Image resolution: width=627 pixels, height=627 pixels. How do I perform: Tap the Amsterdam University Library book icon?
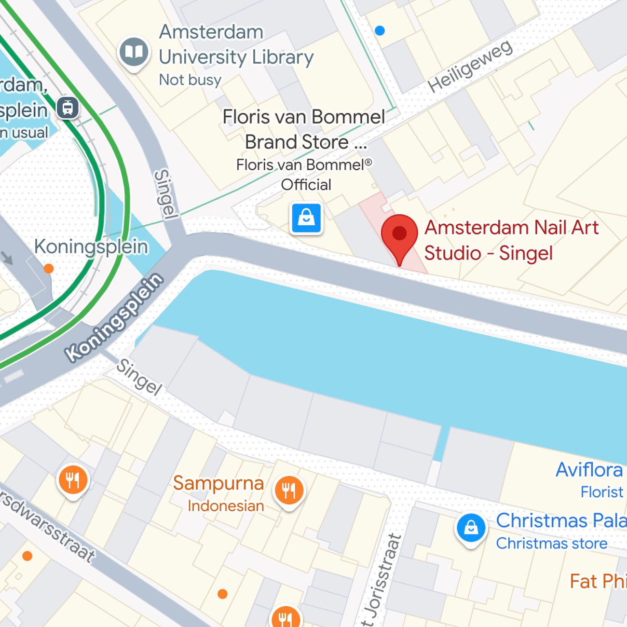[134, 52]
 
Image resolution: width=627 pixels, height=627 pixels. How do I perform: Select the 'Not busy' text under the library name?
[190, 80]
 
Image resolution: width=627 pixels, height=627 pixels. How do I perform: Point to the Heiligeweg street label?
[470, 67]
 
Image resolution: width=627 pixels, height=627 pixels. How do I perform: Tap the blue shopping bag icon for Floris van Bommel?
[306, 218]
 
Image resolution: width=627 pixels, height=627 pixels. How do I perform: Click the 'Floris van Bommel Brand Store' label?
[304, 129]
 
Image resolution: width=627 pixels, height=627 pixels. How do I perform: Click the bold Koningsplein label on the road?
[115, 317]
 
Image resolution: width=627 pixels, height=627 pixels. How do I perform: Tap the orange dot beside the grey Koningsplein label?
[49, 269]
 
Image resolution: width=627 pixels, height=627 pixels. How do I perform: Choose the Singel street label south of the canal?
[139, 377]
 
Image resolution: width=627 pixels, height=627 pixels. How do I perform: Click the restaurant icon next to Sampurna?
[289, 491]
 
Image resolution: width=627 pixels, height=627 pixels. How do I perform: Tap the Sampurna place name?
[218, 483]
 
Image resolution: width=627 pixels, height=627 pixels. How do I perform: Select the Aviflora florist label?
[589, 470]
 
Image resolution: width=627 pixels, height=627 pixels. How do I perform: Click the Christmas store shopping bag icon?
[471, 528]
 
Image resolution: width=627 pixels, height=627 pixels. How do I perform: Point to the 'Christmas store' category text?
[551, 544]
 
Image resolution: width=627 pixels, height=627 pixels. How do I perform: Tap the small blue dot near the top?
[380, 31]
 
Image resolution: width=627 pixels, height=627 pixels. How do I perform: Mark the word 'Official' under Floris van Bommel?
[306, 185]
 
